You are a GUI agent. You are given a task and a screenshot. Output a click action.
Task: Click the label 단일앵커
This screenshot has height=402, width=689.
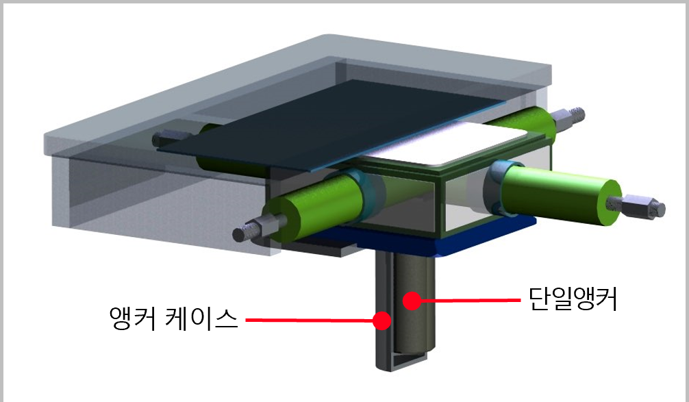click(x=573, y=299)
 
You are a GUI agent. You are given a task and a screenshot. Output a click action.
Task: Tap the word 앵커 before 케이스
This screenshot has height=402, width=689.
click(x=134, y=319)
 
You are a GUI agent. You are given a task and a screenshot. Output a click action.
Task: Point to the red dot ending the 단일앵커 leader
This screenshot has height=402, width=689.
click(x=410, y=299)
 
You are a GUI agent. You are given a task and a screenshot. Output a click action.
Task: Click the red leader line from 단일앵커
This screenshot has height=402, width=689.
click(x=466, y=299)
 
